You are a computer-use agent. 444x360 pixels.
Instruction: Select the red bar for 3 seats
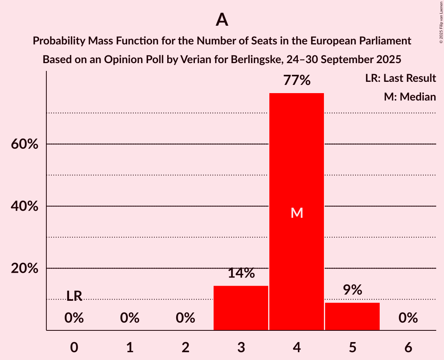pyautogui.click(x=241, y=308)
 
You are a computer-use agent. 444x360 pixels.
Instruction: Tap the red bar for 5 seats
pyautogui.click(x=352, y=316)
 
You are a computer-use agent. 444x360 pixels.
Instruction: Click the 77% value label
pyautogui.click(x=297, y=81)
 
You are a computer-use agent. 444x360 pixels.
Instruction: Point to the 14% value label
pyautogui.click(x=241, y=273)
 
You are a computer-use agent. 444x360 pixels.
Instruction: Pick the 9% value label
pyautogui.click(x=352, y=290)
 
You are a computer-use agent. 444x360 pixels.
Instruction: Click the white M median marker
pyautogui.click(x=297, y=213)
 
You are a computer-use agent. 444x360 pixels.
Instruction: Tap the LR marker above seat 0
pyautogui.click(x=74, y=296)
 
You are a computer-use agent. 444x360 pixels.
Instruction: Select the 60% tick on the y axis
pyautogui.click(x=25, y=144)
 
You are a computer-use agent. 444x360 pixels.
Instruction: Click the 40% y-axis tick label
pyautogui.click(x=25, y=206)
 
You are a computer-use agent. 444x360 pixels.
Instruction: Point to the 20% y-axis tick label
pyautogui.click(x=25, y=268)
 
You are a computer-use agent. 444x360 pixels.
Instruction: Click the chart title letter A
pyautogui.click(x=222, y=19)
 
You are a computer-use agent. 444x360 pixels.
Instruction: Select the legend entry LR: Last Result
pyautogui.click(x=400, y=78)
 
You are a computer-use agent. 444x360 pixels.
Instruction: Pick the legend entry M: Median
pyautogui.click(x=410, y=97)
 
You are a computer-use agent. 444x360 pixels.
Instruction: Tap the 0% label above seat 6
pyautogui.click(x=408, y=318)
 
